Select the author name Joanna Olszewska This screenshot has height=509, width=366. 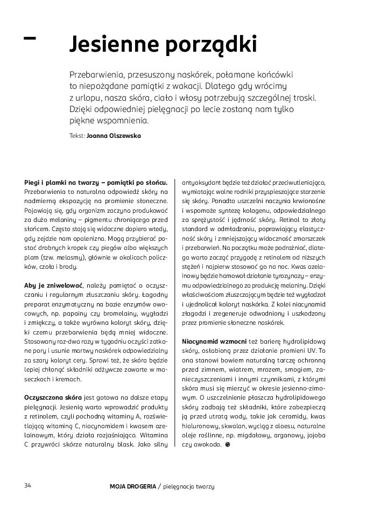[114, 136]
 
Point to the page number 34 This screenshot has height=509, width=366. [28, 485]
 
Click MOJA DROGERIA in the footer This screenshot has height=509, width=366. [132, 486]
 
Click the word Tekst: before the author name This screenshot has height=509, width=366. [77, 136]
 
